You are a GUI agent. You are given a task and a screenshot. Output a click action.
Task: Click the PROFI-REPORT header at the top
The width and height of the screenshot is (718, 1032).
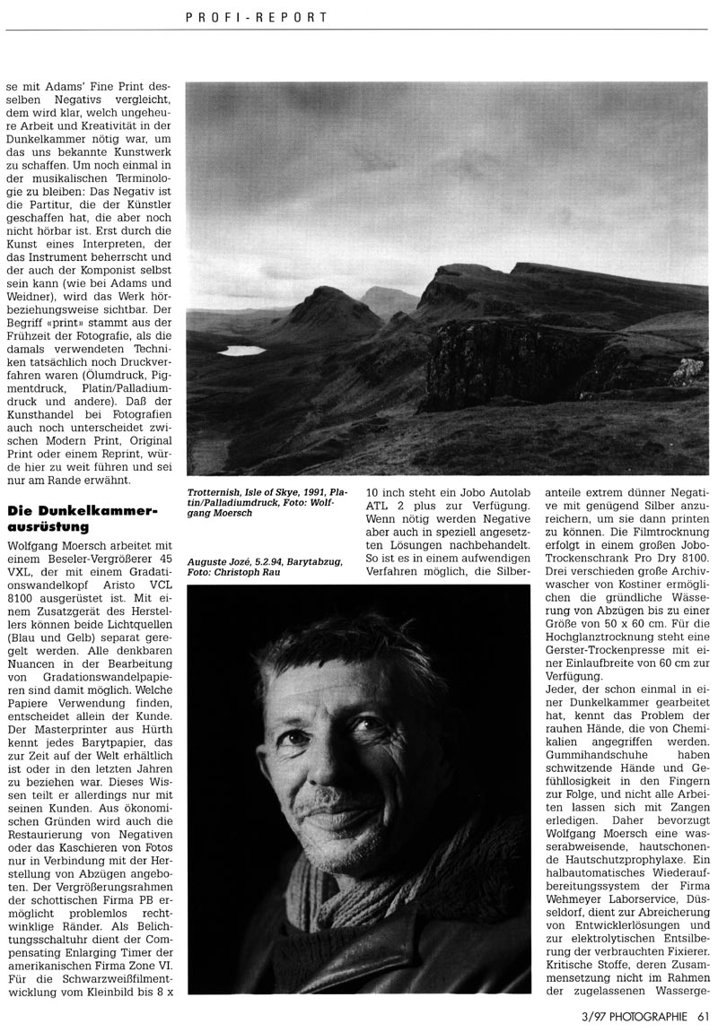point(256,17)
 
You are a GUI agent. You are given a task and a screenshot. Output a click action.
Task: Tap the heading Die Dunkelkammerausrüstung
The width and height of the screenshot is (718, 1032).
point(82,518)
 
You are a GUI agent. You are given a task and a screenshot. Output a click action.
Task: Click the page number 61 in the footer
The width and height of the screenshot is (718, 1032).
point(703,1016)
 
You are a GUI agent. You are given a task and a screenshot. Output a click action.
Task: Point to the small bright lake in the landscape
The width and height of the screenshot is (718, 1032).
point(241,351)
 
